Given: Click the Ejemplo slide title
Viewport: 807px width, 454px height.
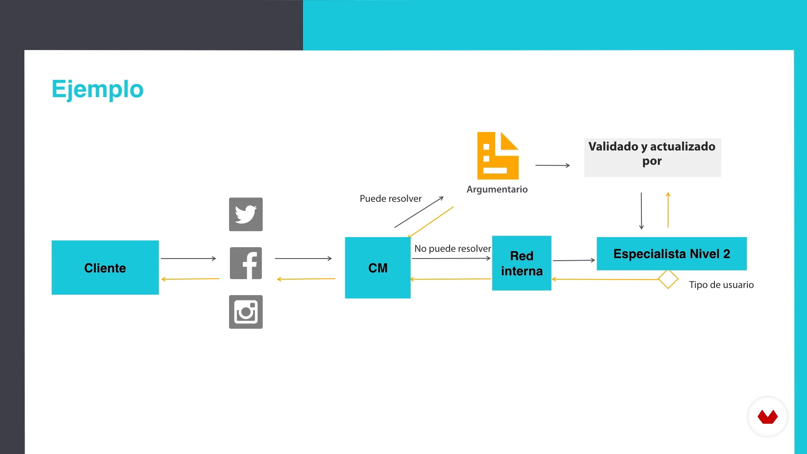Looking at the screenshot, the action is (x=98, y=89).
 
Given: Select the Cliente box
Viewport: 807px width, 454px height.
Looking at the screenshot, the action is (x=105, y=267).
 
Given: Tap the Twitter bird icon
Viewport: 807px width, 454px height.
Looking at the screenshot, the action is (x=246, y=214).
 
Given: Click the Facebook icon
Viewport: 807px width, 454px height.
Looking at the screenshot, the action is (x=246, y=263).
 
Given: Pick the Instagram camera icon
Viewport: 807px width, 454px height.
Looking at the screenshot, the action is (x=246, y=312).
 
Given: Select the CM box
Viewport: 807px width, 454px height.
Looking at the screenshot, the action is (x=378, y=268).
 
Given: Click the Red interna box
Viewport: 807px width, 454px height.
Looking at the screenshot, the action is (x=522, y=263).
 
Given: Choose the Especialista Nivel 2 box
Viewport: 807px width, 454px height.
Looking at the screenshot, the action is (x=672, y=253).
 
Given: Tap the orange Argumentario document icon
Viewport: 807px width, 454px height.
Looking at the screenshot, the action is (x=498, y=156).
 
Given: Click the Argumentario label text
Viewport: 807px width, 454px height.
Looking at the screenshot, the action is (x=497, y=189).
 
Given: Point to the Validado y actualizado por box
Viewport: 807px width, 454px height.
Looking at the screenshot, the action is (x=652, y=158).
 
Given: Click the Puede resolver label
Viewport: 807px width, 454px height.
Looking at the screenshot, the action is (x=390, y=198).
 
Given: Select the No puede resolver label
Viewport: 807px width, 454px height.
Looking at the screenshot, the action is (x=453, y=248).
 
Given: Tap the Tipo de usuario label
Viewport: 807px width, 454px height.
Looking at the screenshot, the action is (x=721, y=285).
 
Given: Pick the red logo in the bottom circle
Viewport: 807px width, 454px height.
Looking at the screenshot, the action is (x=767, y=417).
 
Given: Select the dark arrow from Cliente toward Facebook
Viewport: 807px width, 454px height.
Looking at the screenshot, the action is (x=188, y=259).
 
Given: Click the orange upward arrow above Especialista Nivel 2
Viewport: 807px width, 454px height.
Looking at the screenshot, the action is (x=668, y=210).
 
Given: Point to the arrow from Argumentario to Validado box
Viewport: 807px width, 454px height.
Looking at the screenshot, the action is (x=553, y=166).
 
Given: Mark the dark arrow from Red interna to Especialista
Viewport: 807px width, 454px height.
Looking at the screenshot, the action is (x=574, y=261).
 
